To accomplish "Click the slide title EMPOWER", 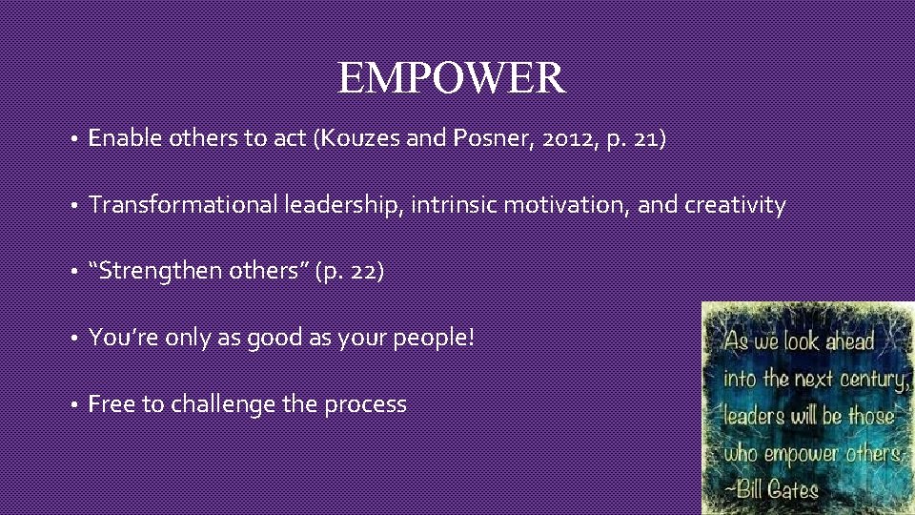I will (452, 78).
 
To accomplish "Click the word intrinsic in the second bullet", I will (449, 205).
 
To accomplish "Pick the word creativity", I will (736, 205).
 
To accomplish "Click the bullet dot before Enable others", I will (73, 139).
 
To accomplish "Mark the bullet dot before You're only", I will (73, 339).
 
